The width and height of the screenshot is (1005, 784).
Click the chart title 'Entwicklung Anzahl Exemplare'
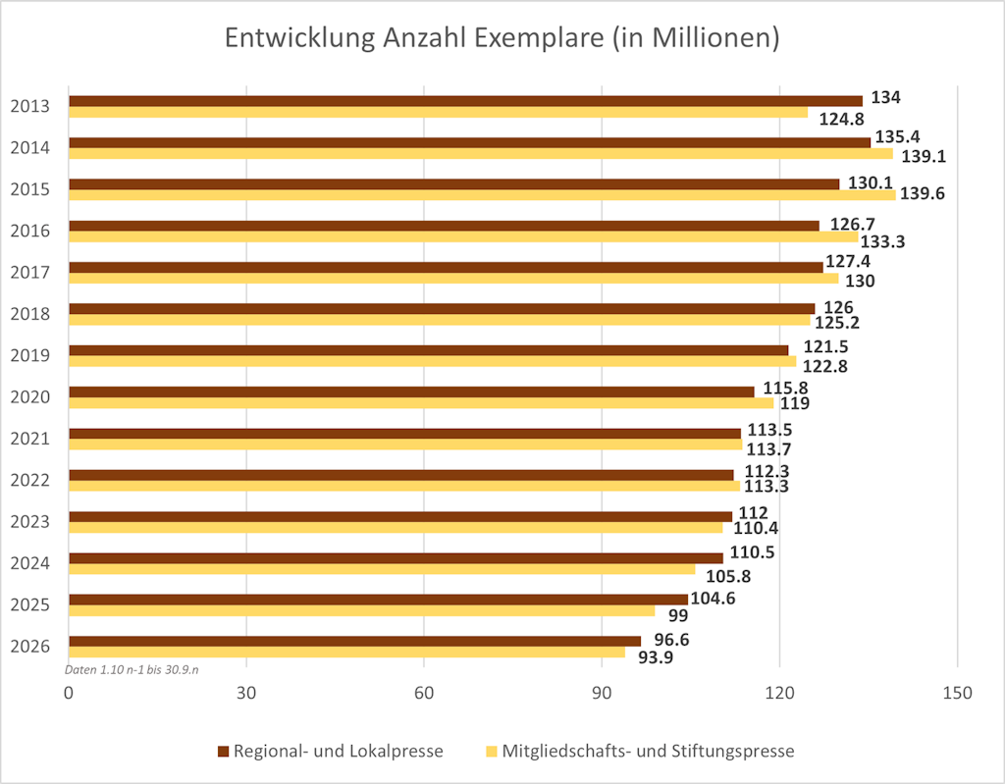[502, 38]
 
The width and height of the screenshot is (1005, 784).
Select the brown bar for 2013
[465, 100]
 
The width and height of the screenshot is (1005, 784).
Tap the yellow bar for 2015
[482, 194]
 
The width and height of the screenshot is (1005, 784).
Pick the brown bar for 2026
[354, 641]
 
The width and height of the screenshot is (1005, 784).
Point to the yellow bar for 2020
[421, 402]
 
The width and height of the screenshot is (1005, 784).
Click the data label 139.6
[924, 194]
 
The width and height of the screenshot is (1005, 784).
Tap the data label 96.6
[671, 639]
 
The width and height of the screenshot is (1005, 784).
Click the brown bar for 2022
[402, 475]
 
